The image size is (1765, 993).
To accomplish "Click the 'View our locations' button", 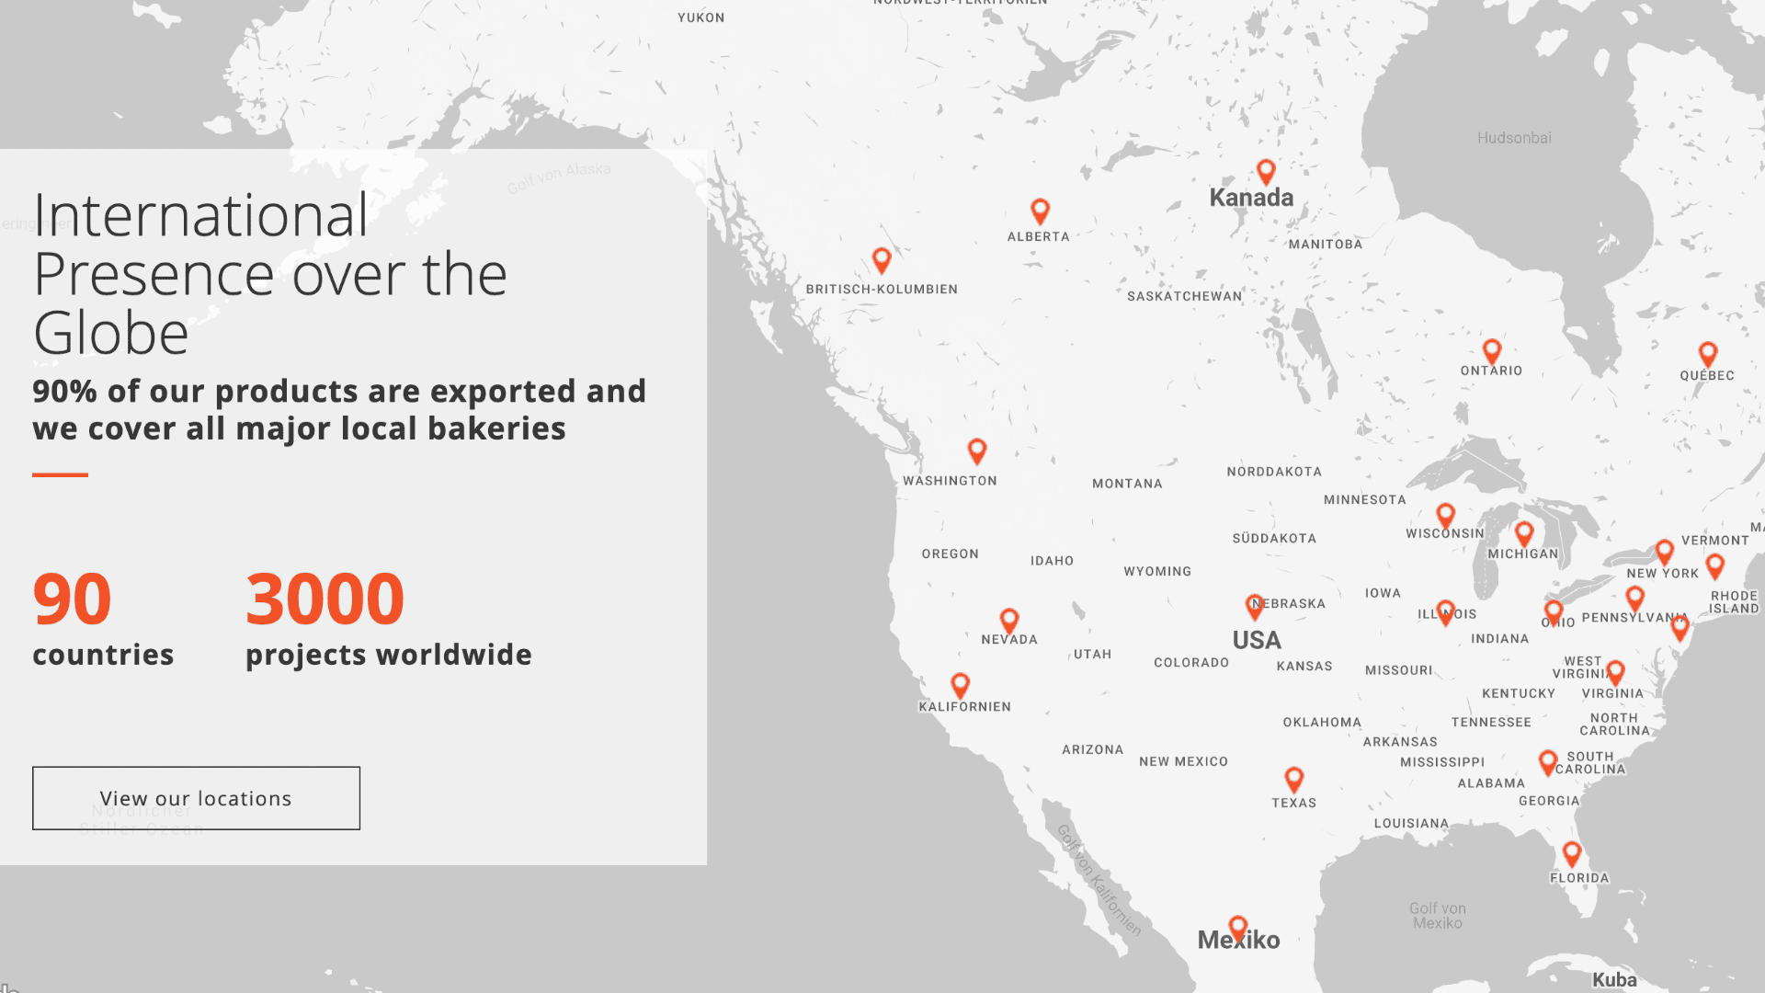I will coord(196,798).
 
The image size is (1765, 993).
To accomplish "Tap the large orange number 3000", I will coord(325,599).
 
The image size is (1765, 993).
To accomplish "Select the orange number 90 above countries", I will coord(72,599).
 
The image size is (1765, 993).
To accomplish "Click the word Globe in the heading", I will coord(111,333).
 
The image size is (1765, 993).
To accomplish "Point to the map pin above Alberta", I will coord(1040,211).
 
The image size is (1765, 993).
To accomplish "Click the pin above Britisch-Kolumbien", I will coord(882,259).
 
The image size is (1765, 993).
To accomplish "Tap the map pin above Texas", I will coord(1293,779).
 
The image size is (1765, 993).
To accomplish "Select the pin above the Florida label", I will coord(1572,853).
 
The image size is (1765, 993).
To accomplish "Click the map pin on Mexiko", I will coord(1238,927).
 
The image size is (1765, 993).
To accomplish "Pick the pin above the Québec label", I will coord(1708,353).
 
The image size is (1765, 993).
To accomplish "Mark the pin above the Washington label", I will coord(977,451).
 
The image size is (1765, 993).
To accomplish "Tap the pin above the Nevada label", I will coord(1009,620).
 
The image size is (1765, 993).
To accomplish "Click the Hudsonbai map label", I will coord(1514,138).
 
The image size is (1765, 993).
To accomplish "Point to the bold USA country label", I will coord(1257,640).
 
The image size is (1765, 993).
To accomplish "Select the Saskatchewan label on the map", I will coord(1184,296).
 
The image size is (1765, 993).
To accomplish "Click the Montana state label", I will coord(1127,484).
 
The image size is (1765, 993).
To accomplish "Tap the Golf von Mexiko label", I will coord(1438,916).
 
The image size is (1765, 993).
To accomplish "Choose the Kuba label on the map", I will coord(1614,980).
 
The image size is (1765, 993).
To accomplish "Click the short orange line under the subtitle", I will coord(60,474).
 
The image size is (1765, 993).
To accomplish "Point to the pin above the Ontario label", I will coord(1492,350).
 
